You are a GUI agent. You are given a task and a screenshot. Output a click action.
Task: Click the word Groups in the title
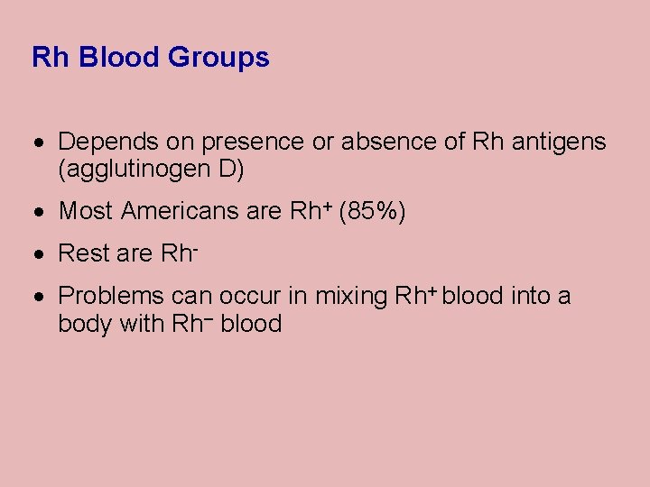pyautogui.click(x=218, y=58)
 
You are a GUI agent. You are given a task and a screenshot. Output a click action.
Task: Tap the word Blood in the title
pyautogui.click(x=119, y=58)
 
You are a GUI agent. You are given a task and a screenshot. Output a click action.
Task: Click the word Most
pyautogui.click(x=86, y=212)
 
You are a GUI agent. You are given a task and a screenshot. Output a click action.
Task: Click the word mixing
pyautogui.click(x=349, y=297)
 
